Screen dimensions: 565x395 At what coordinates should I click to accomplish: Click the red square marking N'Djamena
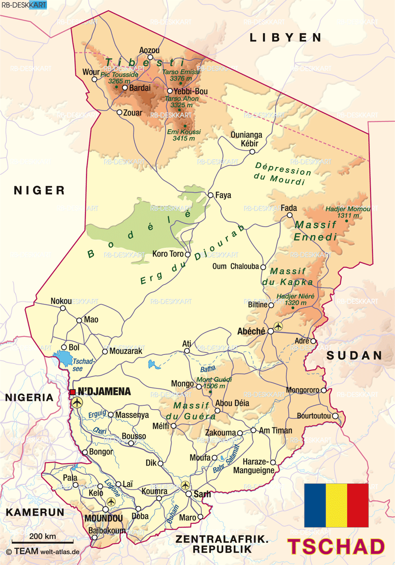(x=73, y=392)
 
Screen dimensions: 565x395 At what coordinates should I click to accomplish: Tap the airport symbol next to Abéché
(x=278, y=326)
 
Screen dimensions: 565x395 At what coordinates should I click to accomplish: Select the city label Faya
(x=223, y=195)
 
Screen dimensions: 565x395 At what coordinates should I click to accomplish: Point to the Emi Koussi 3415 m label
(x=184, y=135)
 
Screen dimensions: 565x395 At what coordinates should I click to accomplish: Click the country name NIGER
(x=39, y=190)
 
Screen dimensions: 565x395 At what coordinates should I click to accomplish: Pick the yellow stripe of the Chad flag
(x=337, y=505)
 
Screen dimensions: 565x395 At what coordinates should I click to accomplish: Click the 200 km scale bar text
(x=43, y=536)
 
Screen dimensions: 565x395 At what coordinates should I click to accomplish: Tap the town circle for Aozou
(x=150, y=58)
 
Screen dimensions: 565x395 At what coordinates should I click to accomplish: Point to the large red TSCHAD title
(x=336, y=547)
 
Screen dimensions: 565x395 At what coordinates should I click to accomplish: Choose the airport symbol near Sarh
(x=185, y=485)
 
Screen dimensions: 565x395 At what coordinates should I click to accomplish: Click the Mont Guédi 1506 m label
(x=214, y=382)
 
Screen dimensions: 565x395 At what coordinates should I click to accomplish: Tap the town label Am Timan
(x=275, y=431)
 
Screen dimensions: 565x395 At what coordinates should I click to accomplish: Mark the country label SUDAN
(x=354, y=356)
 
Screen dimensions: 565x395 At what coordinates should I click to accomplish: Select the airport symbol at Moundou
(x=111, y=502)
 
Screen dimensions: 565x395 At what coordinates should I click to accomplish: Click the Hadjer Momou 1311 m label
(x=348, y=212)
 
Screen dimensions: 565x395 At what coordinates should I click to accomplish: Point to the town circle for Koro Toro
(x=188, y=255)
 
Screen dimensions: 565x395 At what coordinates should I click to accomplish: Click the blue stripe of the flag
(x=315, y=505)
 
